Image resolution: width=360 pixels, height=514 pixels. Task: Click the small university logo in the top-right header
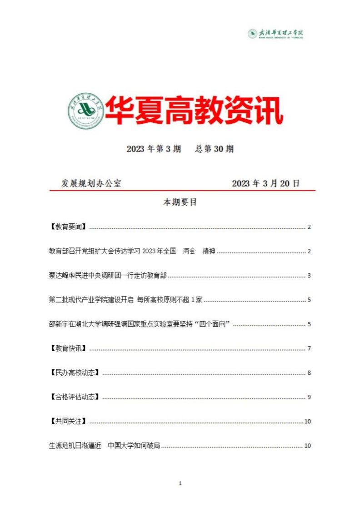click(276, 34)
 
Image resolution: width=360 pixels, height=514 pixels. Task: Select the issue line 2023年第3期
click(154, 149)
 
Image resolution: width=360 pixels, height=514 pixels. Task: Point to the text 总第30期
click(214, 149)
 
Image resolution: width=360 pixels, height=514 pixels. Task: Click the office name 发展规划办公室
click(91, 183)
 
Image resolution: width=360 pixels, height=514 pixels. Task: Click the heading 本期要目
click(180, 203)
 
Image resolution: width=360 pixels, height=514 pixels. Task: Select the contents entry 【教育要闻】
click(68, 227)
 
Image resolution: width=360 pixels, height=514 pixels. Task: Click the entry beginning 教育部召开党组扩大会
click(132, 251)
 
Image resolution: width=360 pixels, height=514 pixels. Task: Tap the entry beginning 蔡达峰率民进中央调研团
click(108, 275)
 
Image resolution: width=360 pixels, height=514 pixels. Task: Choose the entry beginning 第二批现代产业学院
click(128, 300)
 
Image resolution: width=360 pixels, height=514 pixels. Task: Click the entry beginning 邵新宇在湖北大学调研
click(140, 324)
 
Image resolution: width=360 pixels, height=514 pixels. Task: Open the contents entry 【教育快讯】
click(68, 348)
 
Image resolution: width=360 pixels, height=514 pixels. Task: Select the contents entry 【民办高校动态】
click(74, 373)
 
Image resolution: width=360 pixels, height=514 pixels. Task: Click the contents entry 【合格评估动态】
click(74, 397)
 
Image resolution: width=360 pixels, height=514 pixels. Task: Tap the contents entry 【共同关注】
click(68, 421)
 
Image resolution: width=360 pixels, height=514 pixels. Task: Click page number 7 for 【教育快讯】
click(309, 348)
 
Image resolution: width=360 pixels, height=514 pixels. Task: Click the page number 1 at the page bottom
click(180, 484)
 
